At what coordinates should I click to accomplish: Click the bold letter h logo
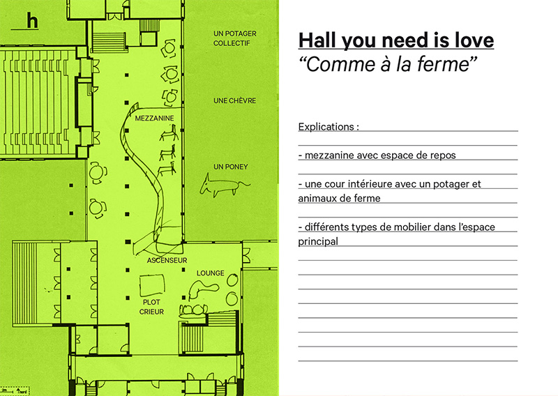[32, 21]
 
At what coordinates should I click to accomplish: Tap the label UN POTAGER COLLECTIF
[235, 38]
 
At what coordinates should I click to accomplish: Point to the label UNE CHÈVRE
[235, 100]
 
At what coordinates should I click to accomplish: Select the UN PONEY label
[231, 167]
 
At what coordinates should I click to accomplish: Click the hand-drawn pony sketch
[223, 185]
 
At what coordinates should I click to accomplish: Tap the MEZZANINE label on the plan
[154, 118]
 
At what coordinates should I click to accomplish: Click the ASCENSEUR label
[167, 261]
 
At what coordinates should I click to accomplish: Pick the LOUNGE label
[211, 273]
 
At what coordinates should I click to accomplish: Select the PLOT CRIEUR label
[151, 307]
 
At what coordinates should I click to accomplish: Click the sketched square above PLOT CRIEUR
[153, 285]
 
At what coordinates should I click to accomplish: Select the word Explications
[326, 127]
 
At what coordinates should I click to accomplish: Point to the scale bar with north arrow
[15, 390]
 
